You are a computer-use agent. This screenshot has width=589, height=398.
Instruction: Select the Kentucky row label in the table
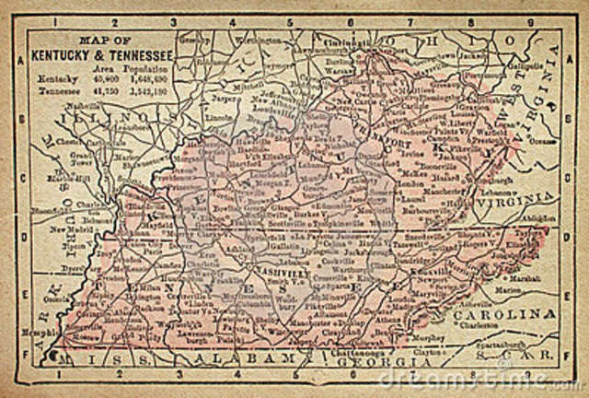53,80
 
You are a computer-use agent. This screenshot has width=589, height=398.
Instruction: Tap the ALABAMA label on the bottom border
242,357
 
